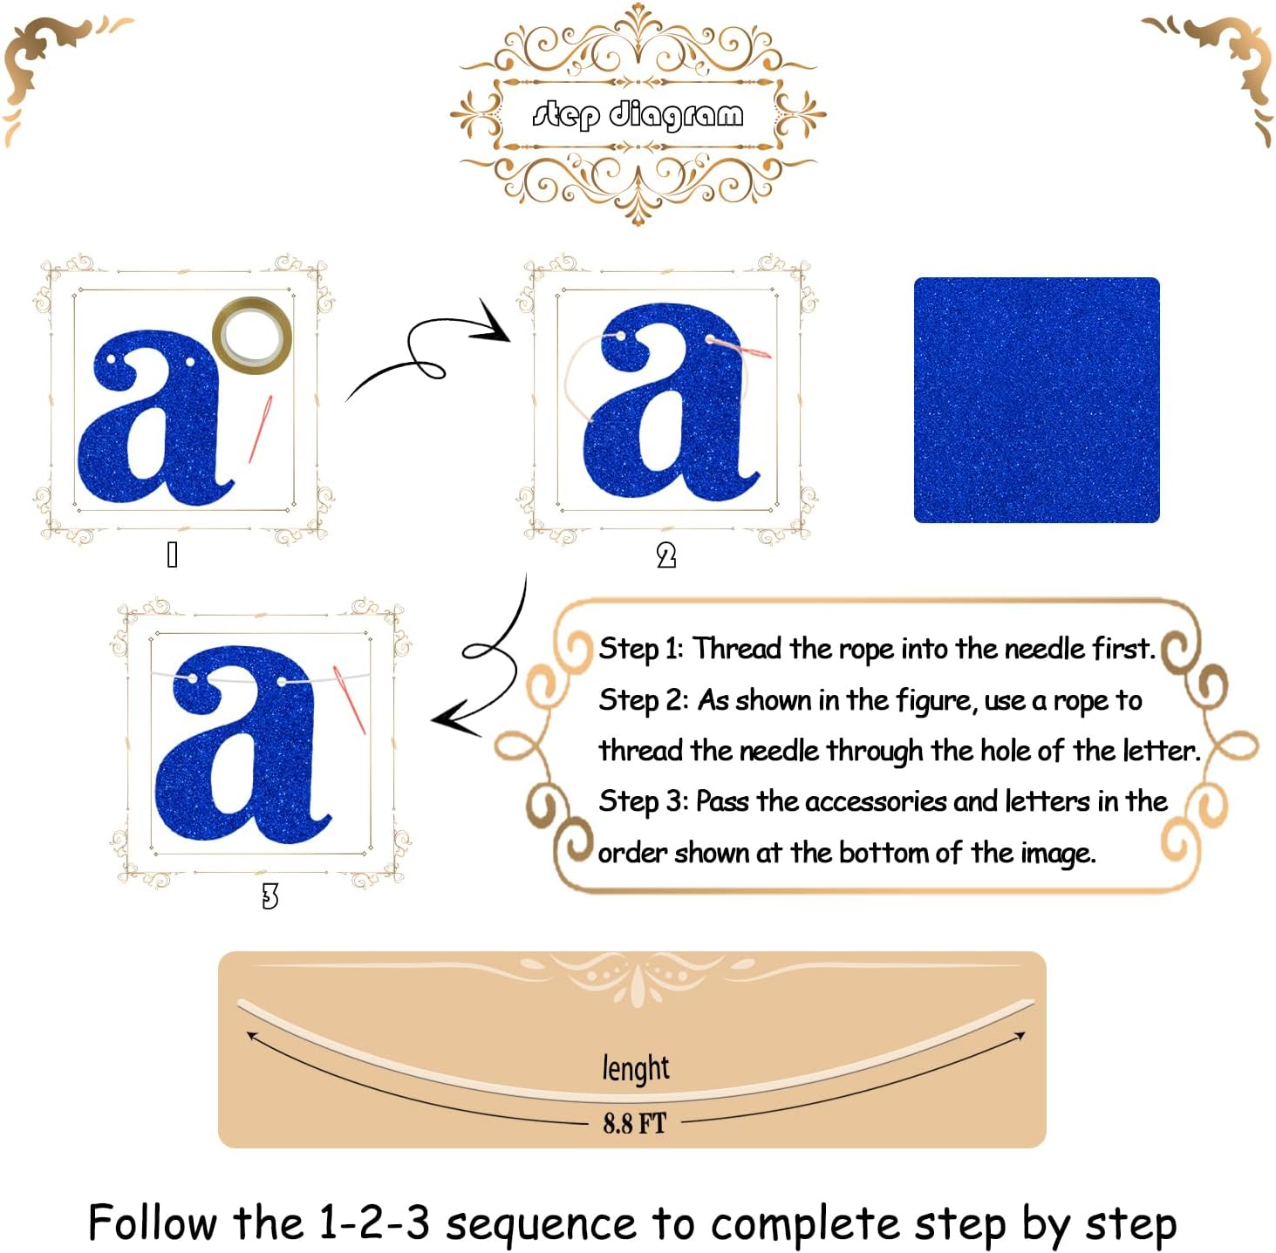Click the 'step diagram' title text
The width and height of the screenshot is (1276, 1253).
coord(638,115)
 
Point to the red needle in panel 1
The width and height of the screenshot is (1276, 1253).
coord(260,428)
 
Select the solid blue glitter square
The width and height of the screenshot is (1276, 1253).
coord(1036,399)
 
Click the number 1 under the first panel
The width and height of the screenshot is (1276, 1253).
coord(172,555)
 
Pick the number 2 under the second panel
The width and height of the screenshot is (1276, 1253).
coord(666,555)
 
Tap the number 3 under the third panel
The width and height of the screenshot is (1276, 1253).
coord(270,896)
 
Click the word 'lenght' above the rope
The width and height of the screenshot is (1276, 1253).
coord(636,1068)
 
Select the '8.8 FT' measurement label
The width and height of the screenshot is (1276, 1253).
coord(634,1123)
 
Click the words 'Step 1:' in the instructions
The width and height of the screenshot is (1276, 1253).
coord(640,649)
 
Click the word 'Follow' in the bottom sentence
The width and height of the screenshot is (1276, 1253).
coord(153,1222)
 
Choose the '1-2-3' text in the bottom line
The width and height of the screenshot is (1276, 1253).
coord(374,1222)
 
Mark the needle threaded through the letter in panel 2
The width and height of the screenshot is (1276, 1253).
coord(740,349)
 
